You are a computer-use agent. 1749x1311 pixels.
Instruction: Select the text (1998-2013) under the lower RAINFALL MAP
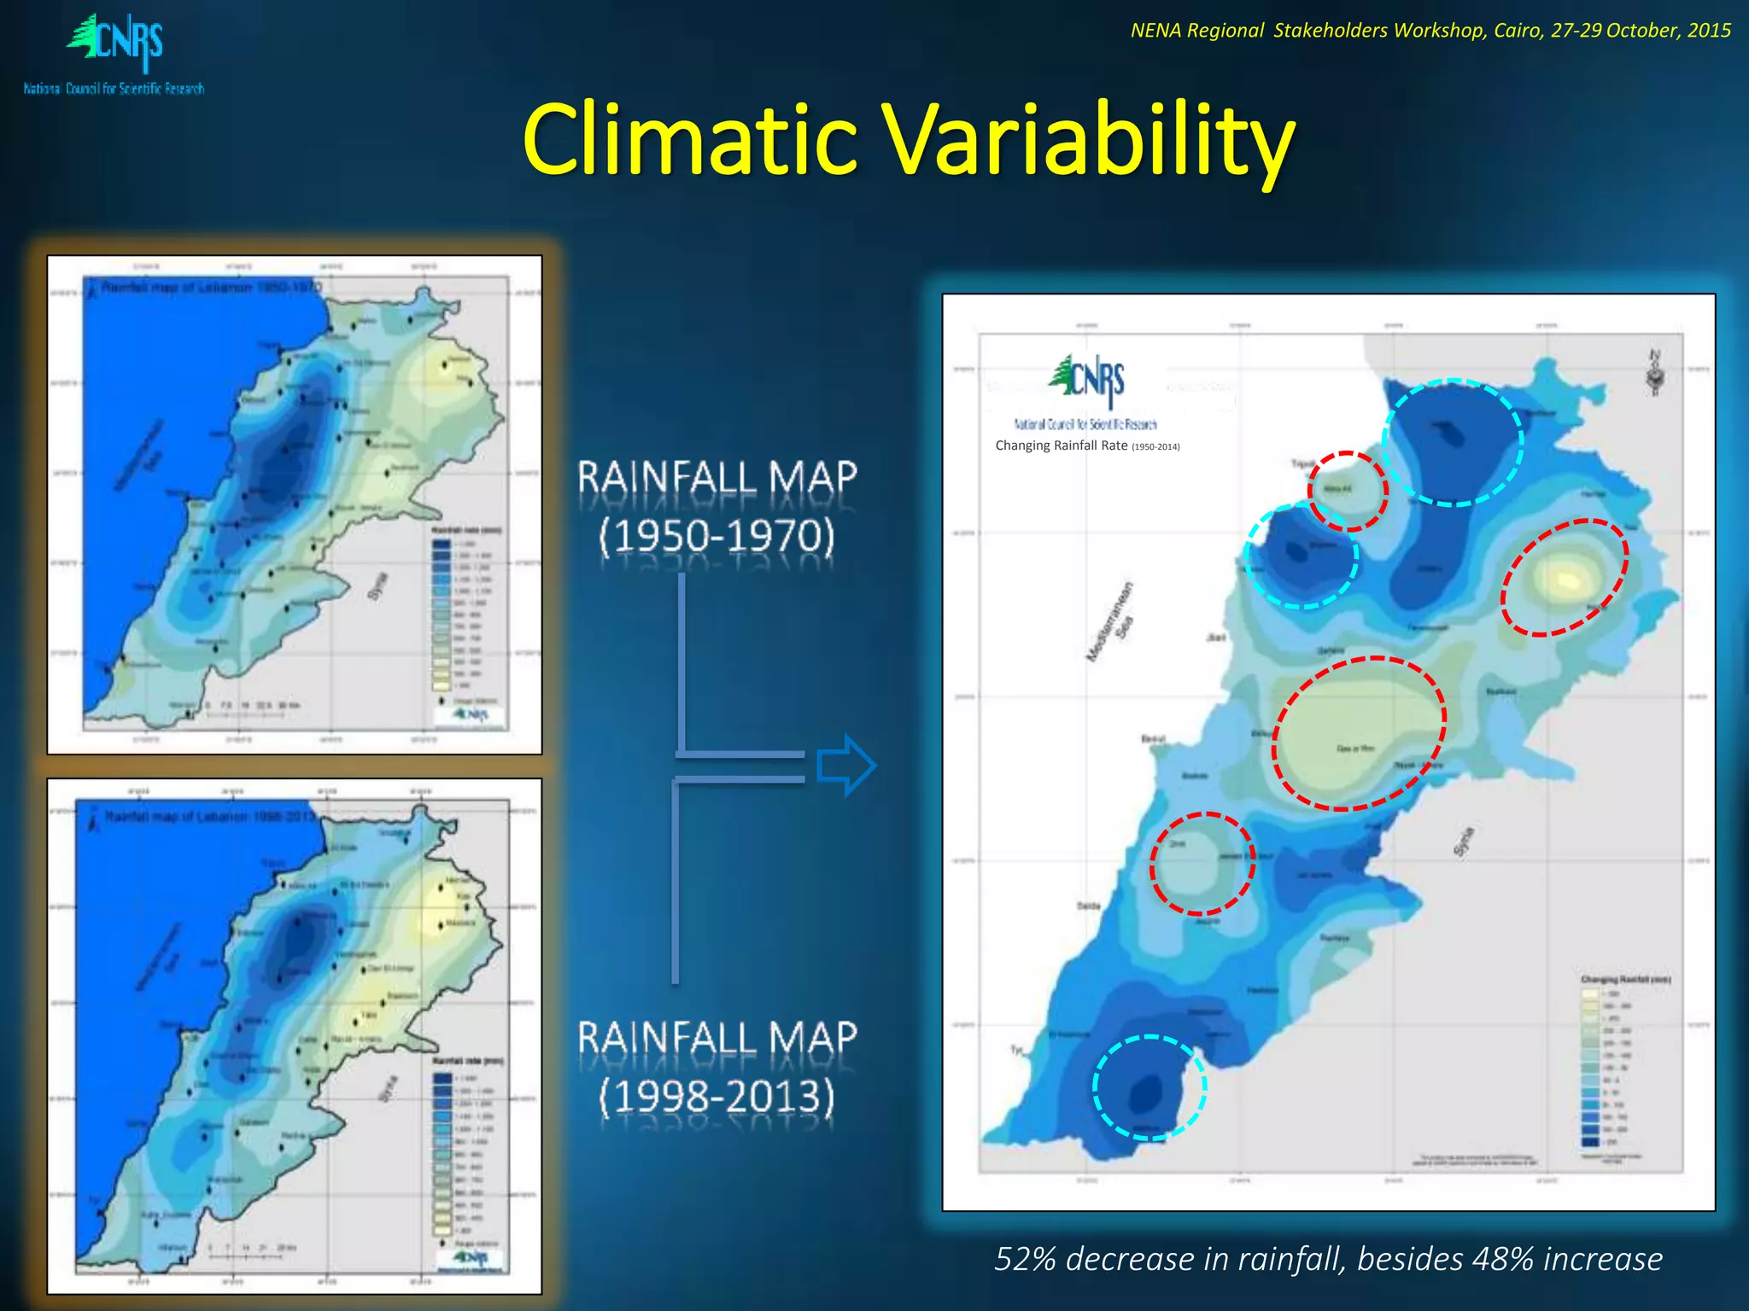717,1096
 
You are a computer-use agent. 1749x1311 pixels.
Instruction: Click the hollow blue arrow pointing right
845,766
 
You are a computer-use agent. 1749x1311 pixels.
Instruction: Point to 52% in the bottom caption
1026,1259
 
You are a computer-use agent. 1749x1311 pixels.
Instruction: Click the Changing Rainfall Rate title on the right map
1061,446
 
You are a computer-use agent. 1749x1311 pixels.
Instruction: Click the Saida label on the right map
1087,906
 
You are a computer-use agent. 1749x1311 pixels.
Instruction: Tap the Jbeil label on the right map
1215,638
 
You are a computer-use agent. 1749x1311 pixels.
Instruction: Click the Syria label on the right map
1463,842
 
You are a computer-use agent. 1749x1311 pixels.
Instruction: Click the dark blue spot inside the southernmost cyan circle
1145,1092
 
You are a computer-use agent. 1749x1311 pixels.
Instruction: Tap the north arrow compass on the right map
1655,374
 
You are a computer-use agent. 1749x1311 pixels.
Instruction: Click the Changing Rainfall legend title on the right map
1625,979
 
